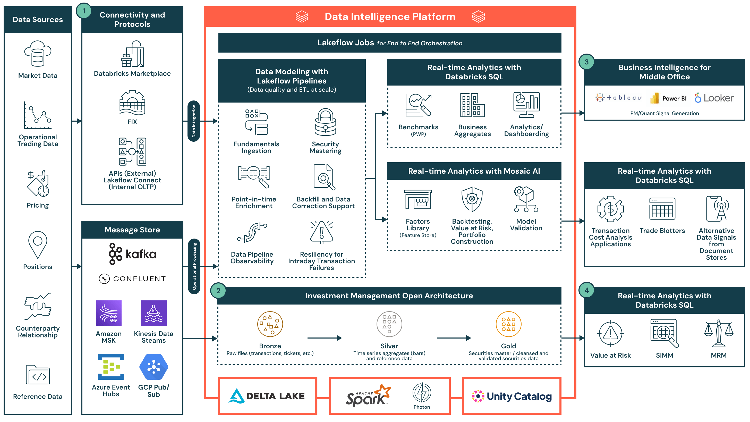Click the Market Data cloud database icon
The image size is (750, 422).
coord(38,54)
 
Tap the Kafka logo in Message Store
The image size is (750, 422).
coord(132,254)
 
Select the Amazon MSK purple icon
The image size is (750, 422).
coord(109,313)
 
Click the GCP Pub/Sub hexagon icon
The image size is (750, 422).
coord(154,367)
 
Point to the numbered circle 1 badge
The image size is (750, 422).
coord(84,11)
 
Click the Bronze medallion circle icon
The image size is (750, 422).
coord(270,324)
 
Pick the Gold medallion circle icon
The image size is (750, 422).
coord(508,324)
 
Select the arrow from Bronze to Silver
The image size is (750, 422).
coord(324,338)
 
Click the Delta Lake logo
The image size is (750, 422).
coord(267,396)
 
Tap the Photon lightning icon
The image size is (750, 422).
coord(422,392)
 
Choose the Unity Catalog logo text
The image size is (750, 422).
coord(519,396)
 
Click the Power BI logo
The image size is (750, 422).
coord(668,98)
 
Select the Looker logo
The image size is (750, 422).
coord(714,98)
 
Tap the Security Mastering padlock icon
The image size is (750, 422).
coord(325,122)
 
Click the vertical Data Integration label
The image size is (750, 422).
coord(194,121)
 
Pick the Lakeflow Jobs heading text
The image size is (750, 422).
coord(345,43)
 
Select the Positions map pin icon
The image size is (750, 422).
coord(38,244)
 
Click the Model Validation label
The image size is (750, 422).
coord(526,225)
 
